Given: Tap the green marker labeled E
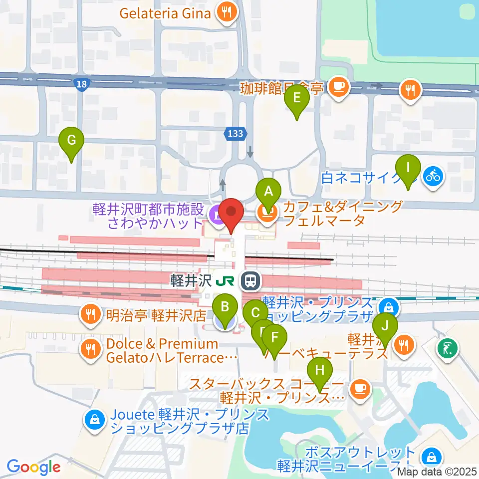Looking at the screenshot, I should click(296, 97).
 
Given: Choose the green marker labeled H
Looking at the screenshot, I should click(320, 371).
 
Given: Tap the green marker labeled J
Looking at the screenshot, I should click(385, 327).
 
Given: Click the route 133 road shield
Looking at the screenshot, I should click(234, 133).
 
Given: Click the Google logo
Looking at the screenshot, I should click(33, 467).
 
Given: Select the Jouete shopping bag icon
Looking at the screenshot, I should click(94, 421).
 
